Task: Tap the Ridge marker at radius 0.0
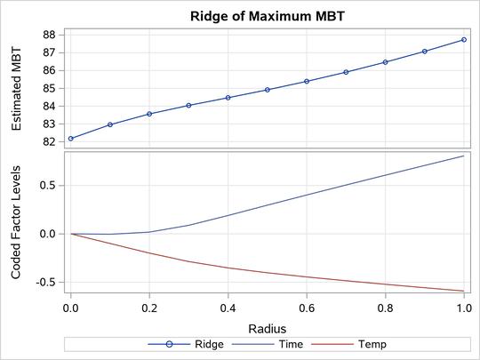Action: pyautogui.click(x=71, y=139)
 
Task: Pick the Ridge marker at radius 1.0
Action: pyautogui.click(x=464, y=40)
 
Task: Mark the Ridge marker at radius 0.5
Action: pyautogui.click(x=268, y=90)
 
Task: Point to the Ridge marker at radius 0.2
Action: pyautogui.click(x=149, y=114)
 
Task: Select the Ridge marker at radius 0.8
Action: pyautogui.click(x=385, y=62)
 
